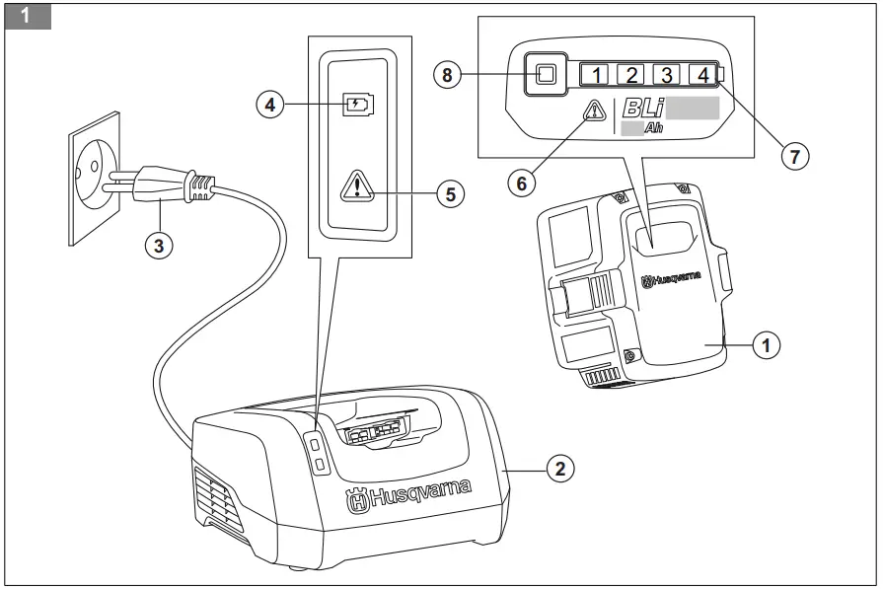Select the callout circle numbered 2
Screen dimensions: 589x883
[559, 468]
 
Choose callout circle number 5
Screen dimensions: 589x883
[451, 192]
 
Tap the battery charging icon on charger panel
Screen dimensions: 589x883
[358, 104]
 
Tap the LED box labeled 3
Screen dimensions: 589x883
[667, 74]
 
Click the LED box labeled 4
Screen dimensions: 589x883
[702, 74]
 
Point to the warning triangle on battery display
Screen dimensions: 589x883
[595, 111]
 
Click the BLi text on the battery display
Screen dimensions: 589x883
[644, 110]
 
